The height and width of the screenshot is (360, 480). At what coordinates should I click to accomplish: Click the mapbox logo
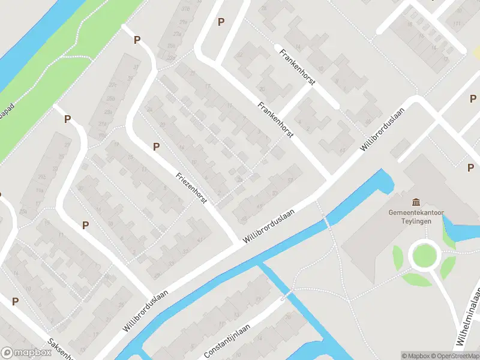tap(25, 353)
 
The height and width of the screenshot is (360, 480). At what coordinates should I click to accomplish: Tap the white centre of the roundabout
tap(424, 257)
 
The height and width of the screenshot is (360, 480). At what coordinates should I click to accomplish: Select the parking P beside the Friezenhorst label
tap(157, 146)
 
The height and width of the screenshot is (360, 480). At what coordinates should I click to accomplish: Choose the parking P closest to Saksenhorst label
tap(15, 301)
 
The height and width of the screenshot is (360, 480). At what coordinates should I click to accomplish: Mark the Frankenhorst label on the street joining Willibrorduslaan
tap(275, 120)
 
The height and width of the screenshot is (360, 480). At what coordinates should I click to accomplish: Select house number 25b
tap(110, 98)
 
